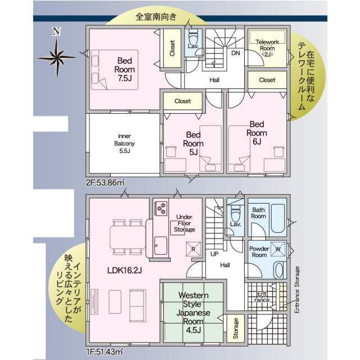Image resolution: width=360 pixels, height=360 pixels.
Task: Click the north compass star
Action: (57, 57)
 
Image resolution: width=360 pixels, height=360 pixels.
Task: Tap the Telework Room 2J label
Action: (267, 48)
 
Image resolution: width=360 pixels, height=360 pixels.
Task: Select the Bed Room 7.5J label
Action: (124, 69)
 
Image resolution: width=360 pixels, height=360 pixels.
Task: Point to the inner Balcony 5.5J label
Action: (124, 143)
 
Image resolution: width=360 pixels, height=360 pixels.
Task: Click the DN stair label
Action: (236, 53)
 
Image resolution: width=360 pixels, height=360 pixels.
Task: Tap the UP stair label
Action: (214, 254)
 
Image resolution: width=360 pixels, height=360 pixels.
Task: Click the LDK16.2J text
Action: (124, 270)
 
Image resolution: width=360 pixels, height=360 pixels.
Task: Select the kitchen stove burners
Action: (161, 208)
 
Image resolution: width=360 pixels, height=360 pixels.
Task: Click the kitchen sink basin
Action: (160, 245)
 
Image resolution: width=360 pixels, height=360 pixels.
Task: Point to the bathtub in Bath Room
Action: (278, 218)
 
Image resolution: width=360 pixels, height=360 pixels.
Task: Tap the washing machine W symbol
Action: (278, 249)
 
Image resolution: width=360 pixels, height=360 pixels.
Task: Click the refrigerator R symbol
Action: (193, 249)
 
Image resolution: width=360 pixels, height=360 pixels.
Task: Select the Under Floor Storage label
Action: (184, 223)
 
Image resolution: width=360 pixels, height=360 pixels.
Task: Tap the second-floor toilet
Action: (193, 38)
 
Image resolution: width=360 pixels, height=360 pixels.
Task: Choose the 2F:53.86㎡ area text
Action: (105, 183)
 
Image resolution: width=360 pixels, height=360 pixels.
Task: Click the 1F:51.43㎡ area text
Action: (105, 352)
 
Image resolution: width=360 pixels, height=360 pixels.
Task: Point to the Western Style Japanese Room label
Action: (193, 313)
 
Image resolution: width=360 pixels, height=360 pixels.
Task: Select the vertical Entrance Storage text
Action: (297, 290)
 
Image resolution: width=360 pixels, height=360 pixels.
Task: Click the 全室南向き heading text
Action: (156, 16)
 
